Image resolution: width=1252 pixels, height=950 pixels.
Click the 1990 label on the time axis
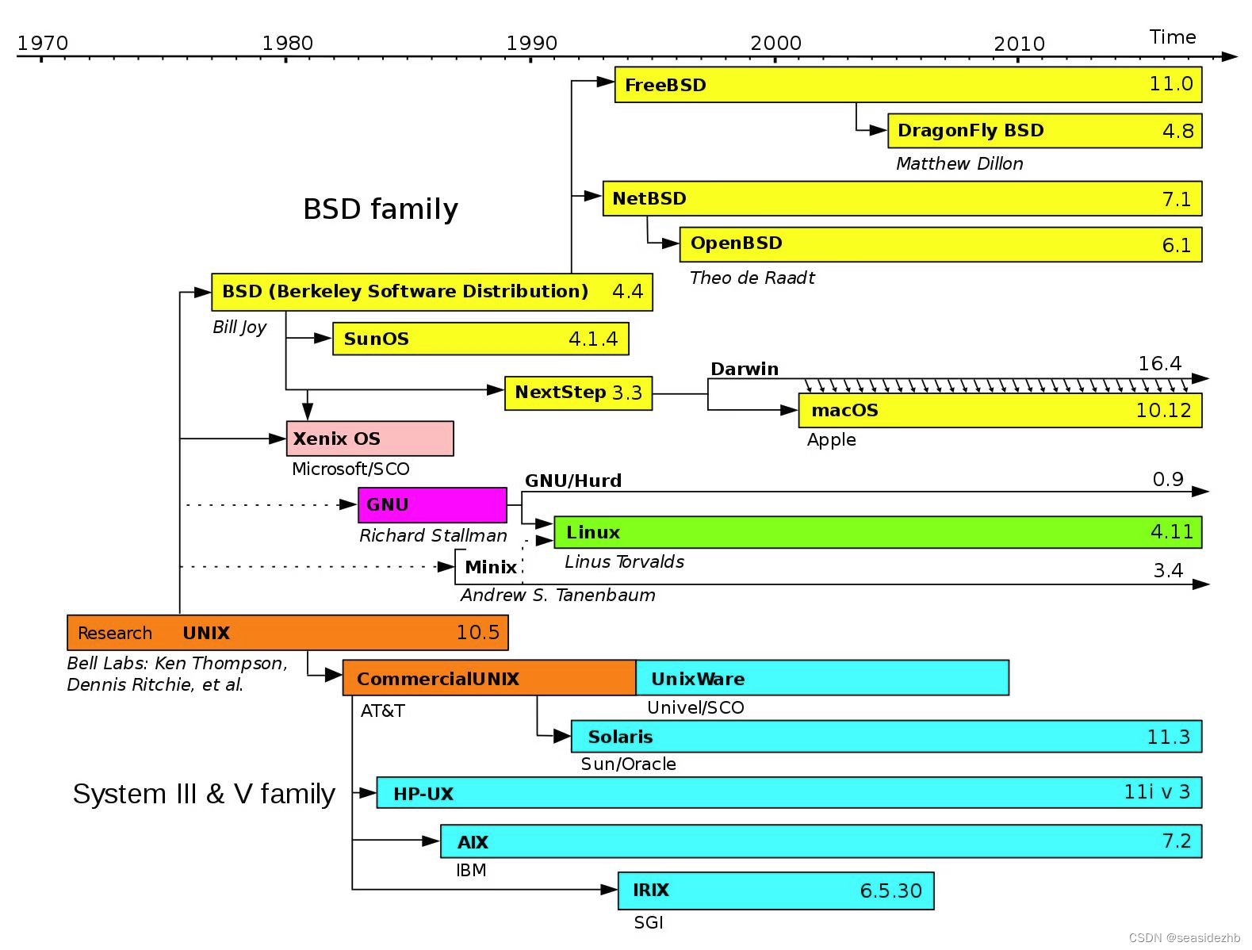[x=531, y=43]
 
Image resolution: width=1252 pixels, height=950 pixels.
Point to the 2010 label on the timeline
[x=1019, y=44]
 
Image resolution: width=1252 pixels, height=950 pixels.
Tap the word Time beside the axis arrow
[x=1172, y=37]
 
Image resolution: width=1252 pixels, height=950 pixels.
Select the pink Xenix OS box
[x=369, y=439]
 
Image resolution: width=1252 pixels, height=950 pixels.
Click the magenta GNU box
[x=432, y=505]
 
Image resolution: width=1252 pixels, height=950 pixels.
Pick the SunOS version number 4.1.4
[x=592, y=339]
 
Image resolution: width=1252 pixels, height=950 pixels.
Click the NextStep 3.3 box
[x=578, y=393]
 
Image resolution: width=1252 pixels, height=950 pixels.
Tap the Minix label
[x=490, y=567]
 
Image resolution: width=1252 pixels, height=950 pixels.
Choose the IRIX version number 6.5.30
[x=890, y=891]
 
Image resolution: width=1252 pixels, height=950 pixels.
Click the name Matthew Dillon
[x=959, y=164]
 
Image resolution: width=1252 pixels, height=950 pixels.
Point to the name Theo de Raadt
[x=752, y=278]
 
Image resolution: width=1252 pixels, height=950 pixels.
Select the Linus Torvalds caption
[x=624, y=562]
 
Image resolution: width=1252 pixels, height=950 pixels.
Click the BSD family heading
[x=381, y=209]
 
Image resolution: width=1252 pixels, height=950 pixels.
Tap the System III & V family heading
[x=204, y=794]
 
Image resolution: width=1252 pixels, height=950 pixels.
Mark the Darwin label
[x=744, y=369]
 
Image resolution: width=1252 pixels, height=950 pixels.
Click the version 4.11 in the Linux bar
[x=1171, y=532]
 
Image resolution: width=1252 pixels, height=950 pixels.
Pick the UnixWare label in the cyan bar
[x=698, y=679]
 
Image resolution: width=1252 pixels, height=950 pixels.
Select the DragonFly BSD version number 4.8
[x=1177, y=131]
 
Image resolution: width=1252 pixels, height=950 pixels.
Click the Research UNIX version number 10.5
[x=477, y=633]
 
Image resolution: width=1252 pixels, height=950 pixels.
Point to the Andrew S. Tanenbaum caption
[x=557, y=596]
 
